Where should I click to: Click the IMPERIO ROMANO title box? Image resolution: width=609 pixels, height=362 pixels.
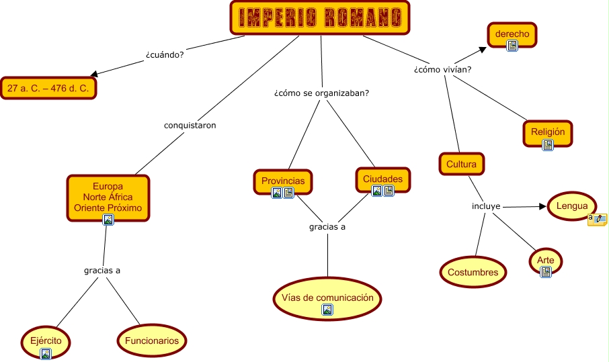point(319,17)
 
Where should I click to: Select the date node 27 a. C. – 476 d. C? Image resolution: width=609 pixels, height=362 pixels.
point(49,88)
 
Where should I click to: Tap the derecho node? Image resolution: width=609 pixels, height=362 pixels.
point(512,34)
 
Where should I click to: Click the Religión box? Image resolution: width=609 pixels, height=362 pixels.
point(547,132)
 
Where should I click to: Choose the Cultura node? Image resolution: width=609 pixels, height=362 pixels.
point(461,164)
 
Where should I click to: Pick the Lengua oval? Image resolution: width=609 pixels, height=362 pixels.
point(571,206)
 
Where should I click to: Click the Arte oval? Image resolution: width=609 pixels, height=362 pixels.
point(545,260)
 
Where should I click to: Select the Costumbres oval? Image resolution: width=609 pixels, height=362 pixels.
point(473,272)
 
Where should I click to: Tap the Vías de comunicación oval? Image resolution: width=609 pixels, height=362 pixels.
point(327,297)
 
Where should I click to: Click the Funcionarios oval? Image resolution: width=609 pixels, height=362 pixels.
point(152,341)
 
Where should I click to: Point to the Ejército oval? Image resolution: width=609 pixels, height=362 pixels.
point(46,341)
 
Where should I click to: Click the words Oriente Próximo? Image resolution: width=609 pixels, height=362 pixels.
point(108,208)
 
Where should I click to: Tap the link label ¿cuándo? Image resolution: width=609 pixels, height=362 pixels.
point(165,54)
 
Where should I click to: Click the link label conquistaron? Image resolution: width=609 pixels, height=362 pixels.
point(190,125)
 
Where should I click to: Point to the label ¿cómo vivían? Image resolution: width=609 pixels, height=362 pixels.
point(442,69)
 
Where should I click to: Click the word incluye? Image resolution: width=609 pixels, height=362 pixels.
point(486,206)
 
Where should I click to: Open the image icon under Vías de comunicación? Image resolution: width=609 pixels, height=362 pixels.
point(327,310)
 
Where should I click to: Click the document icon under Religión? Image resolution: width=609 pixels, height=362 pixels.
point(548,144)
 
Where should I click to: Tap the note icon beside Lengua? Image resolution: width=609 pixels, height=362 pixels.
point(597,218)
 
